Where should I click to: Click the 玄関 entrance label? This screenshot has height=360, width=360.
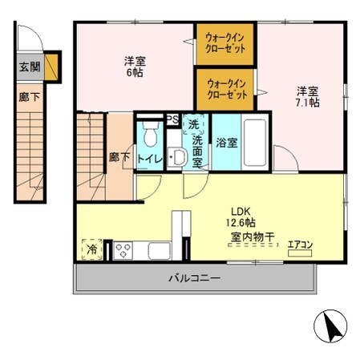[28, 67]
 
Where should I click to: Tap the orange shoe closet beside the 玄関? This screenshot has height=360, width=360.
[53, 67]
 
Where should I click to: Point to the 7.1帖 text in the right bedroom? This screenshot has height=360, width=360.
[307, 103]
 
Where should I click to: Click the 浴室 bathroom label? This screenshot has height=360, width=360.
[226, 144]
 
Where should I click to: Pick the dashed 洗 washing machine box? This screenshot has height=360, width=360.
[195, 125]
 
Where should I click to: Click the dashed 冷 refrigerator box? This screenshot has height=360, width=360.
[92, 249]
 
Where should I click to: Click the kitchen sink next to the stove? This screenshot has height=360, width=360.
[157, 250]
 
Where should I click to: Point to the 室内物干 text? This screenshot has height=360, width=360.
[252, 237]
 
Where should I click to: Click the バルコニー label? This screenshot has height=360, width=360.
[194, 278]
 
